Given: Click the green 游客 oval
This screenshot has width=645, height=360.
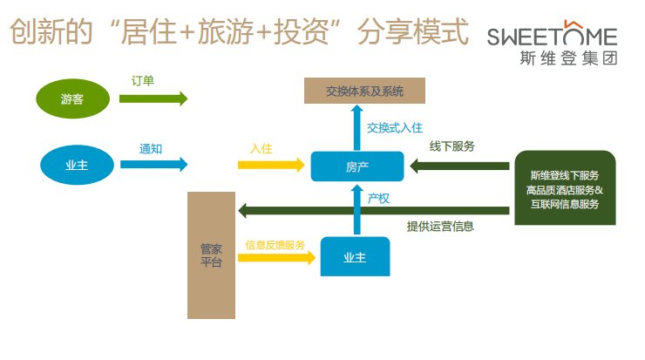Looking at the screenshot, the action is click(x=73, y=98).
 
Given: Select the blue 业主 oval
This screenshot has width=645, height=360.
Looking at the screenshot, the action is click(x=77, y=165).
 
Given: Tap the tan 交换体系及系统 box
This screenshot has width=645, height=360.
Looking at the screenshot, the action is click(x=364, y=91).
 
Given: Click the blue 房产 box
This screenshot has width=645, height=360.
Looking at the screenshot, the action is click(x=357, y=166).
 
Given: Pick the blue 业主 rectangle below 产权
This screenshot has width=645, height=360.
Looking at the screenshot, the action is click(x=355, y=256).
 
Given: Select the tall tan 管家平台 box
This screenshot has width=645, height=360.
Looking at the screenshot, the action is click(x=211, y=255).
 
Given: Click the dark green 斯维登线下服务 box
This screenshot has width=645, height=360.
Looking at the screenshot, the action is click(x=565, y=187).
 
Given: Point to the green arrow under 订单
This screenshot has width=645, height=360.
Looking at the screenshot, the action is click(x=153, y=98).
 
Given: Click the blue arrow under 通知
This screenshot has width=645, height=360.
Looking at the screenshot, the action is click(x=153, y=165).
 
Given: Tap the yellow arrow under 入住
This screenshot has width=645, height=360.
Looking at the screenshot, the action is click(x=271, y=165).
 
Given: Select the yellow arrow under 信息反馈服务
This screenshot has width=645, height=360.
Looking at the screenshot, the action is click(x=276, y=258).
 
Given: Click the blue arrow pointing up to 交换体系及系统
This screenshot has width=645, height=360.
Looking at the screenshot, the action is click(x=357, y=127).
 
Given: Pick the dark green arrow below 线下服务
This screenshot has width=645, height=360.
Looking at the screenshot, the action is click(x=459, y=166).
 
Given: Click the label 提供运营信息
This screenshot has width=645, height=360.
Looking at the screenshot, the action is click(x=440, y=227).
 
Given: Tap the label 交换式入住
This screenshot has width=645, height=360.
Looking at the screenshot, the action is click(x=395, y=128).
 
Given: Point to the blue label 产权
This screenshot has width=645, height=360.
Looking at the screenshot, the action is click(x=378, y=199).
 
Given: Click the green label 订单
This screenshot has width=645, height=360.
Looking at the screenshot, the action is click(x=142, y=81).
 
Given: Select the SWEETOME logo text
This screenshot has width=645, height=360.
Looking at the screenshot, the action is click(x=552, y=35).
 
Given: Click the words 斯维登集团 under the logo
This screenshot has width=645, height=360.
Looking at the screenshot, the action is click(x=568, y=58).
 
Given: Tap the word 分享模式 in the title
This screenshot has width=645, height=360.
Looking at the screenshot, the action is click(x=413, y=31).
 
